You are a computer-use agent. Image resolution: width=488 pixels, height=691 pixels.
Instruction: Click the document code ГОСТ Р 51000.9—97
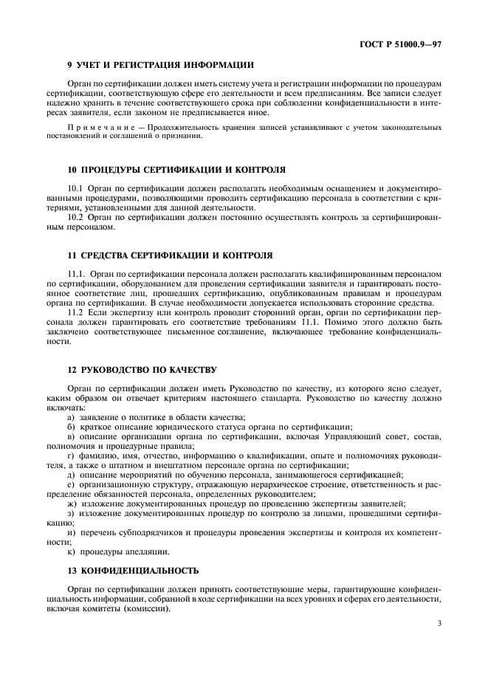point(399,45)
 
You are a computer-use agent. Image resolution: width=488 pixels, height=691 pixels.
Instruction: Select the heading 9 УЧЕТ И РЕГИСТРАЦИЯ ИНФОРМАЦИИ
point(160,65)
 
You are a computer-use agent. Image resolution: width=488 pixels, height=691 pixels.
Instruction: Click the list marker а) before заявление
point(71,417)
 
